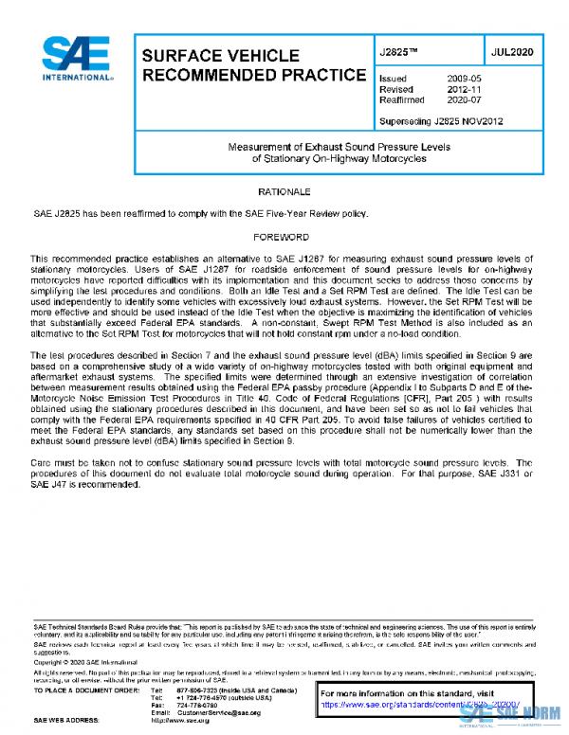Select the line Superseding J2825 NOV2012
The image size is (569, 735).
click(x=440, y=122)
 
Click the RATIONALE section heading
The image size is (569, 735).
click(x=284, y=190)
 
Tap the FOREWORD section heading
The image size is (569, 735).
click(x=284, y=236)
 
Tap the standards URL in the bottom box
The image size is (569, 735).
click(x=421, y=705)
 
